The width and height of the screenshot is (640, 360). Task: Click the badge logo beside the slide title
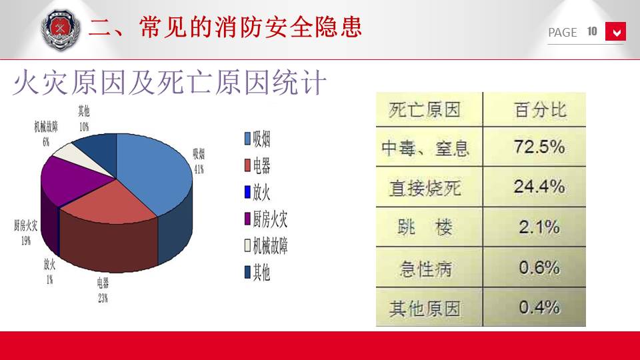point(61,30)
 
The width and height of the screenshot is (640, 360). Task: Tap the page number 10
point(592,31)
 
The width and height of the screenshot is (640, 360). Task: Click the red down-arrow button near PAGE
point(615,31)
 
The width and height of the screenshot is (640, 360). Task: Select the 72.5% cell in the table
point(539,147)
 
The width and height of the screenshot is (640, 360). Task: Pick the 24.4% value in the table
point(539,187)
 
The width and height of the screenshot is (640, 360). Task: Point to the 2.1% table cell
point(539,227)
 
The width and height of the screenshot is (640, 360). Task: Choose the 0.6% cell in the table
point(539,267)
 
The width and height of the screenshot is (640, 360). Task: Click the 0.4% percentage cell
point(539,307)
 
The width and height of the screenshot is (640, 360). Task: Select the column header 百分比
point(540,109)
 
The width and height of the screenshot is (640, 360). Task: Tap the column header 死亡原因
point(425,110)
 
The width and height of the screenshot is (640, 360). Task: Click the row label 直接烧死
point(425,188)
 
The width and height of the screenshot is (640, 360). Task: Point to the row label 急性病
point(426,269)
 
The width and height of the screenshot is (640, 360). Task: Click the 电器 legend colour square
point(247,165)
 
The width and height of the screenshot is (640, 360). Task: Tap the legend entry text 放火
point(261,192)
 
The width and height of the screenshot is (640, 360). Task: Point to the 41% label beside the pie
point(199,169)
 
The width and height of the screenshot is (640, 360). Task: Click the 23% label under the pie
point(103,299)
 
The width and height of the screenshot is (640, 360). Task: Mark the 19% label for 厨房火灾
point(26,241)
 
